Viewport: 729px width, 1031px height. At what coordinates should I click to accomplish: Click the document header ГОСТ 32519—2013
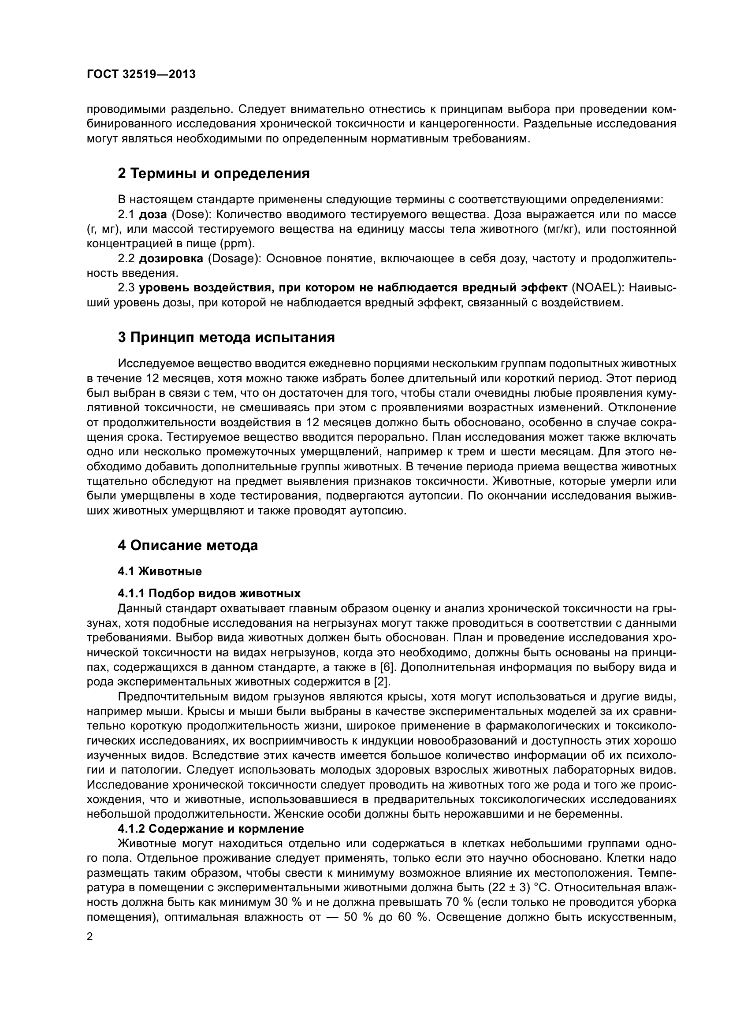(x=141, y=74)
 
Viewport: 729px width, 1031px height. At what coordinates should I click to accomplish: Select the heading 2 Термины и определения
(x=214, y=173)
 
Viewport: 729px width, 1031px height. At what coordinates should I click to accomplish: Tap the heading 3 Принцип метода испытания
(x=226, y=337)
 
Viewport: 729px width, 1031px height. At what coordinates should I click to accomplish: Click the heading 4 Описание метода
(x=188, y=546)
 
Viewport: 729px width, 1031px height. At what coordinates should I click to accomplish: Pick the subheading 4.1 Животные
(x=160, y=572)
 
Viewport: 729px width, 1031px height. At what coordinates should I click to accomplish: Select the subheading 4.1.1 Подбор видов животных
(x=209, y=594)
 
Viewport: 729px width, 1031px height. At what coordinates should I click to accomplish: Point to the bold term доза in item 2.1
(x=153, y=215)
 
